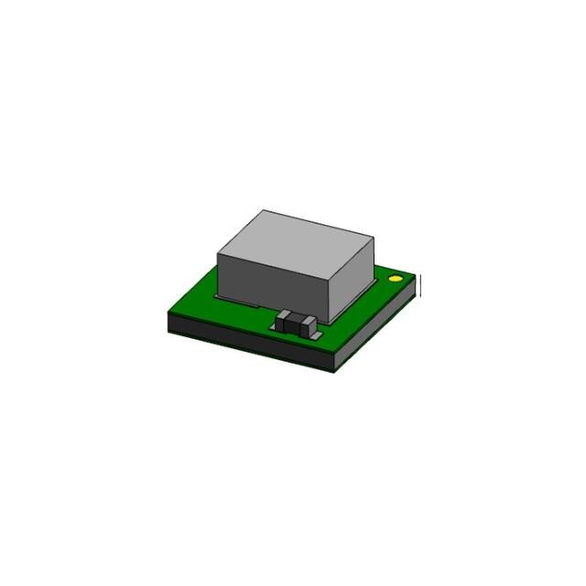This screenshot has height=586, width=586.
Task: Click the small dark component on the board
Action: click(298, 321)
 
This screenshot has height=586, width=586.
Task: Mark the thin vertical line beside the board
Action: click(421, 286)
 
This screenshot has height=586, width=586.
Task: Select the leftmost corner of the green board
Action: click(169, 313)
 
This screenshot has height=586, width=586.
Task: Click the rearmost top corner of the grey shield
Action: click(263, 211)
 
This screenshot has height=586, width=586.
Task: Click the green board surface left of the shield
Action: click(197, 307)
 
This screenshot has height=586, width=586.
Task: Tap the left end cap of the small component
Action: click(286, 320)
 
